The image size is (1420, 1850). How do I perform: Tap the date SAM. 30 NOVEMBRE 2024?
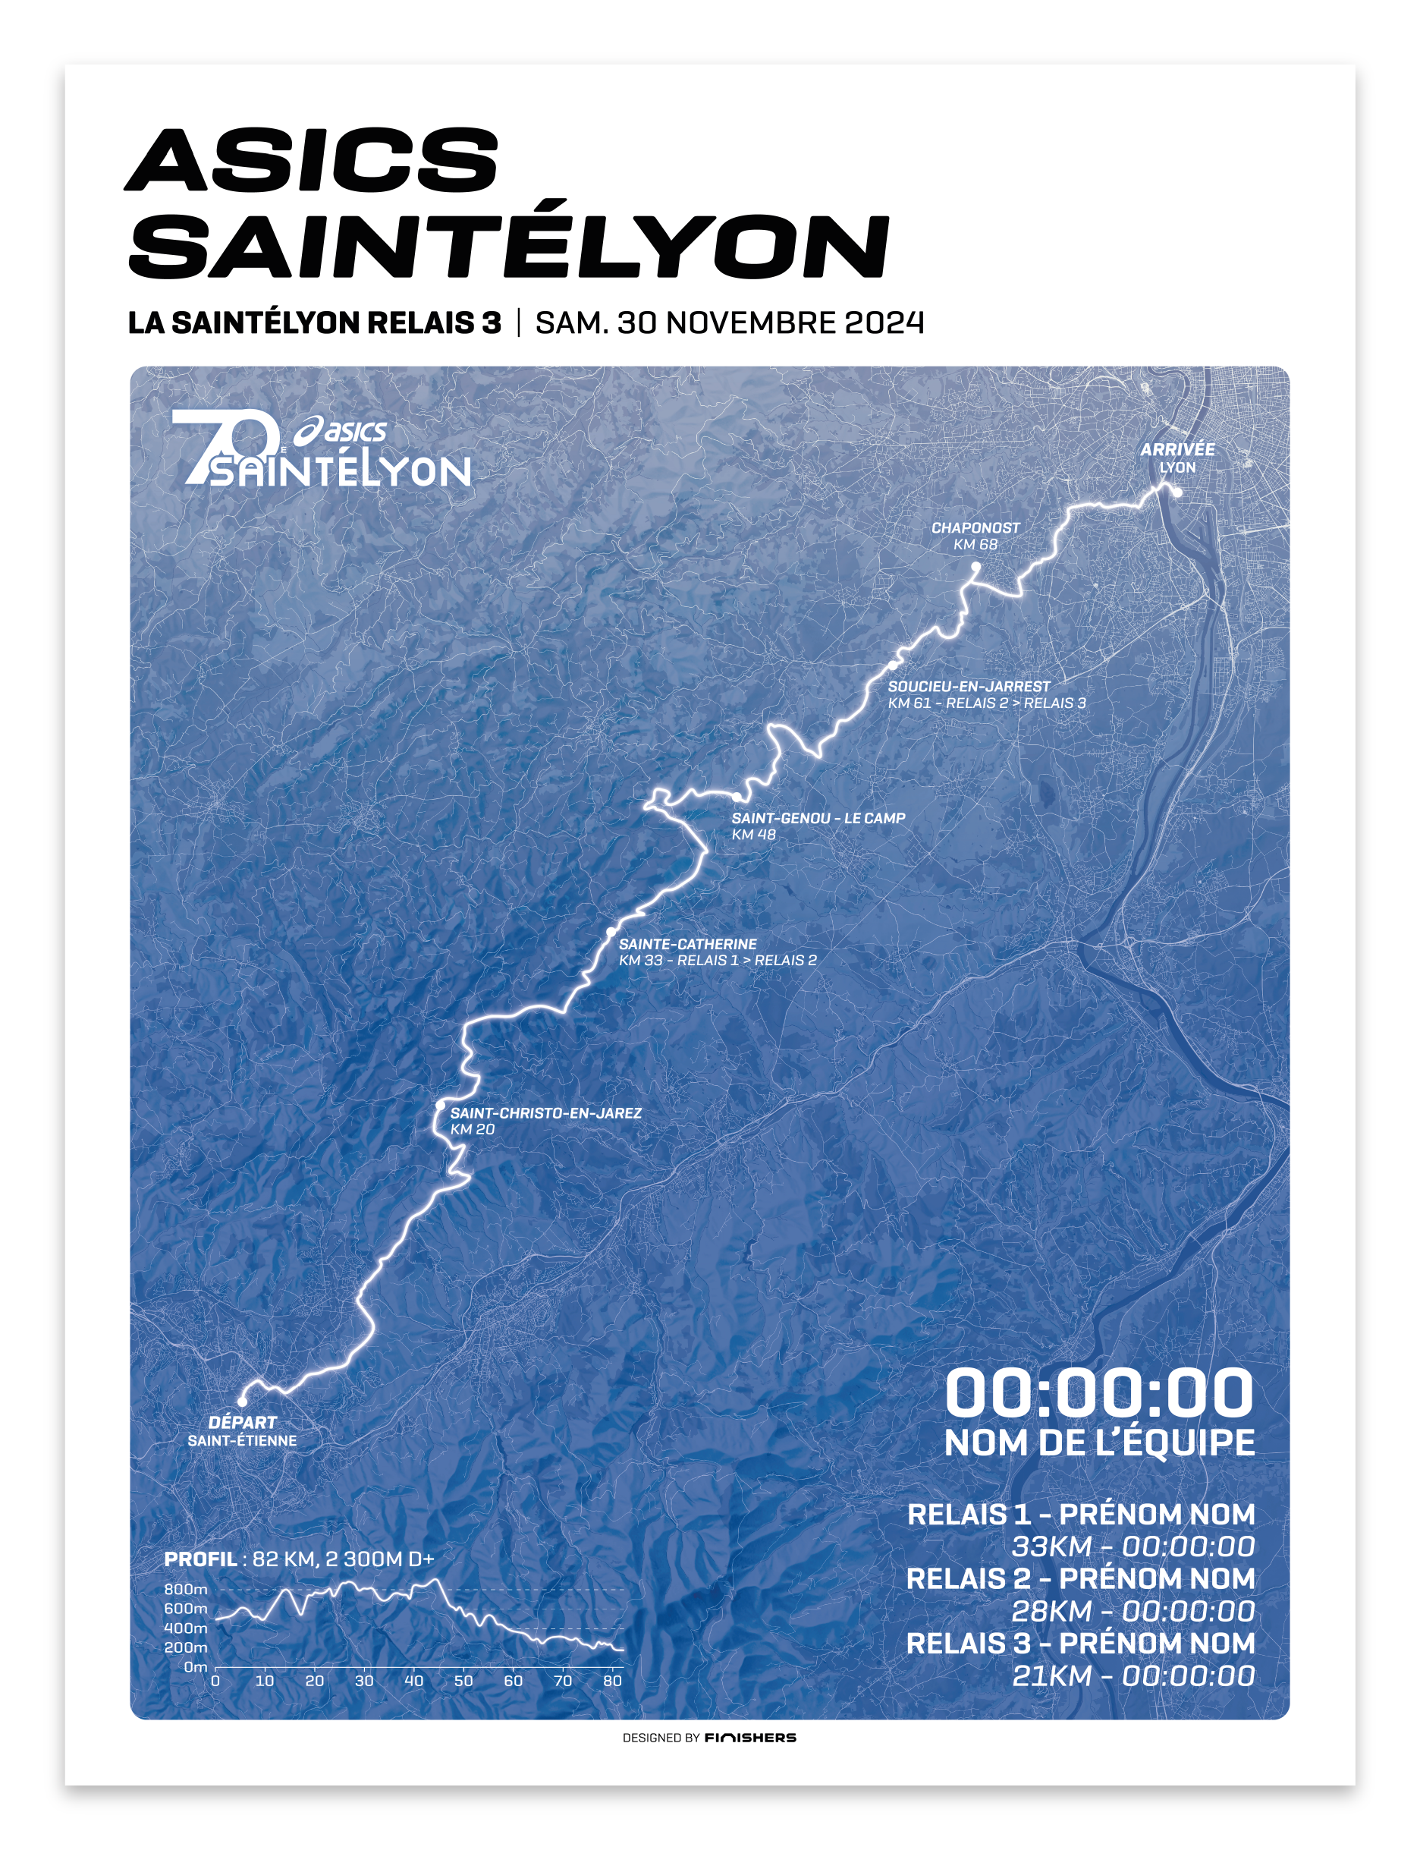click(730, 323)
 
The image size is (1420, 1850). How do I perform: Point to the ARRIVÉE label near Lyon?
click(1177, 450)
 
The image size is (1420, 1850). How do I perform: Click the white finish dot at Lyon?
click(1177, 492)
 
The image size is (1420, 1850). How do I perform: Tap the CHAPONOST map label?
click(975, 527)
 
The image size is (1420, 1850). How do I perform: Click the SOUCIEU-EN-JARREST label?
click(969, 687)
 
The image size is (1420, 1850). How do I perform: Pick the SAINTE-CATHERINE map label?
click(687, 944)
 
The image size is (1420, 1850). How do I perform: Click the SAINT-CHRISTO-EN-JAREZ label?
click(545, 1112)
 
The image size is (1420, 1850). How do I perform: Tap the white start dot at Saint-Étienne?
click(242, 1401)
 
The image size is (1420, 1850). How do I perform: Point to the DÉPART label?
click(243, 1422)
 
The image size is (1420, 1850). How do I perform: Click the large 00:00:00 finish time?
click(1099, 1392)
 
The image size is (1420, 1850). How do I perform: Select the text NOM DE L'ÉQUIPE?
click(1099, 1443)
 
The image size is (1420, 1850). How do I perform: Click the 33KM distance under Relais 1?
click(1051, 1546)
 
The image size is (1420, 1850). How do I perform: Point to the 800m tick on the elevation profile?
click(185, 1590)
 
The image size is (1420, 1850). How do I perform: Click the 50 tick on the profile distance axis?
click(463, 1681)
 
